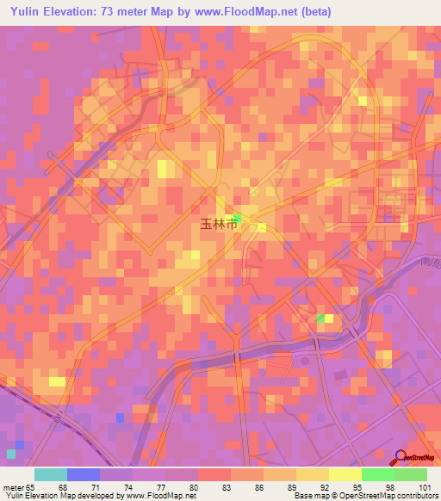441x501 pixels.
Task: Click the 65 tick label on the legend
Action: [x=33, y=488]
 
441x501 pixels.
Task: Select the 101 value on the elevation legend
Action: [x=425, y=488]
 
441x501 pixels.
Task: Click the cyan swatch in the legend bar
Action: [x=51, y=474]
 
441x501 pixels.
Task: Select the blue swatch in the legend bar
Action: [x=84, y=474]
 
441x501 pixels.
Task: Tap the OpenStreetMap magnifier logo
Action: [x=400, y=457]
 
